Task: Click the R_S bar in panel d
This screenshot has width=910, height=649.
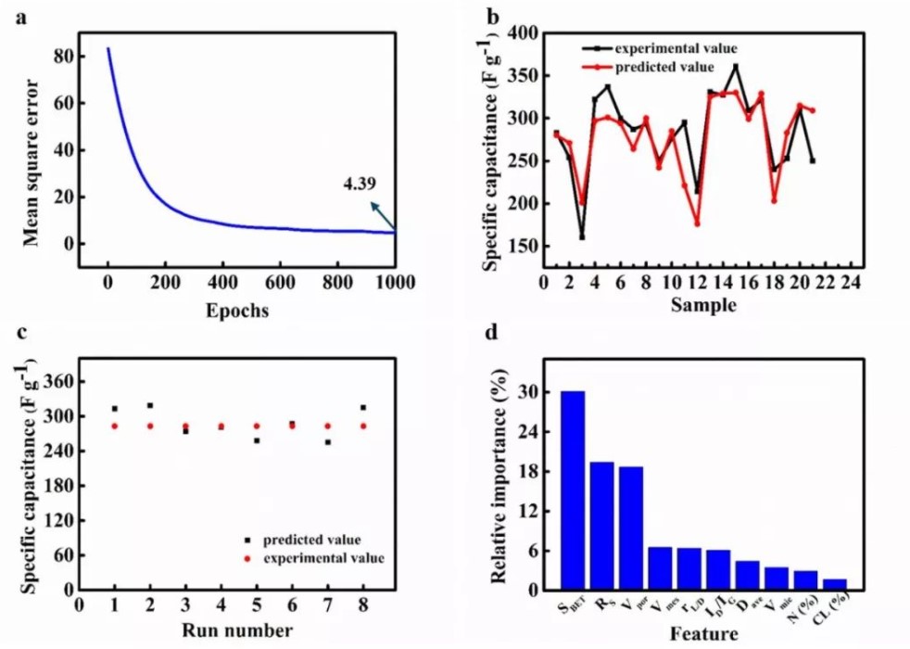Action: [601, 525]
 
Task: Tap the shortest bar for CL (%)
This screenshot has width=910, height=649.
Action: [835, 584]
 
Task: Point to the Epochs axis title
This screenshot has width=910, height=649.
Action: [238, 312]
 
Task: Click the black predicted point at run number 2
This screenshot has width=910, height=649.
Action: [150, 405]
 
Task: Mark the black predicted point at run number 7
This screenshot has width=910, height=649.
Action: [328, 442]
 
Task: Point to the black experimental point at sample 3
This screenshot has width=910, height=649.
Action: [583, 236]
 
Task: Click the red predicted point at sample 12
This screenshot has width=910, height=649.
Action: [697, 223]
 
